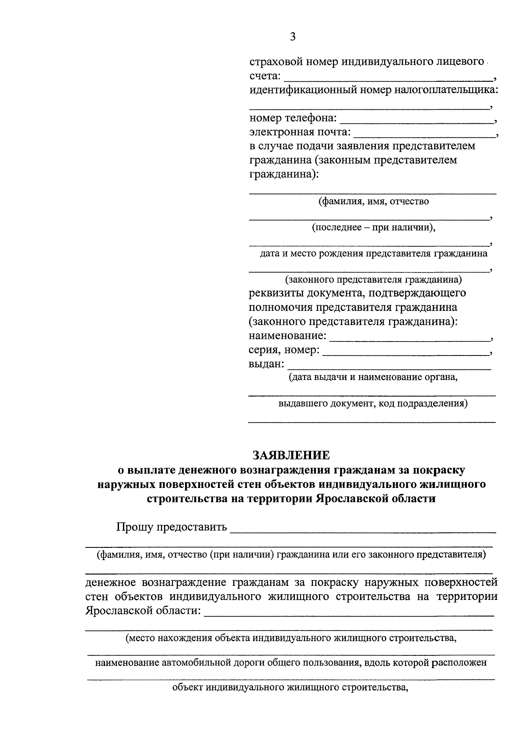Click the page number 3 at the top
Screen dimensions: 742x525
(x=293, y=37)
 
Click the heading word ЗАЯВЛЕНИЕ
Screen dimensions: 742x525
(x=291, y=455)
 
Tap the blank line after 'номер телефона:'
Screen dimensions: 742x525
(x=416, y=119)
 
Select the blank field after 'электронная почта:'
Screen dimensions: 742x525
(x=424, y=133)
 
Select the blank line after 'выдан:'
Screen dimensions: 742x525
(x=389, y=365)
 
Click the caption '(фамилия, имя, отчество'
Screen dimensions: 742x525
(x=373, y=202)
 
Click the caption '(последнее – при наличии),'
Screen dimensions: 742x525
(x=374, y=227)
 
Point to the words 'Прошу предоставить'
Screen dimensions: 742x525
(x=171, y=527)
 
